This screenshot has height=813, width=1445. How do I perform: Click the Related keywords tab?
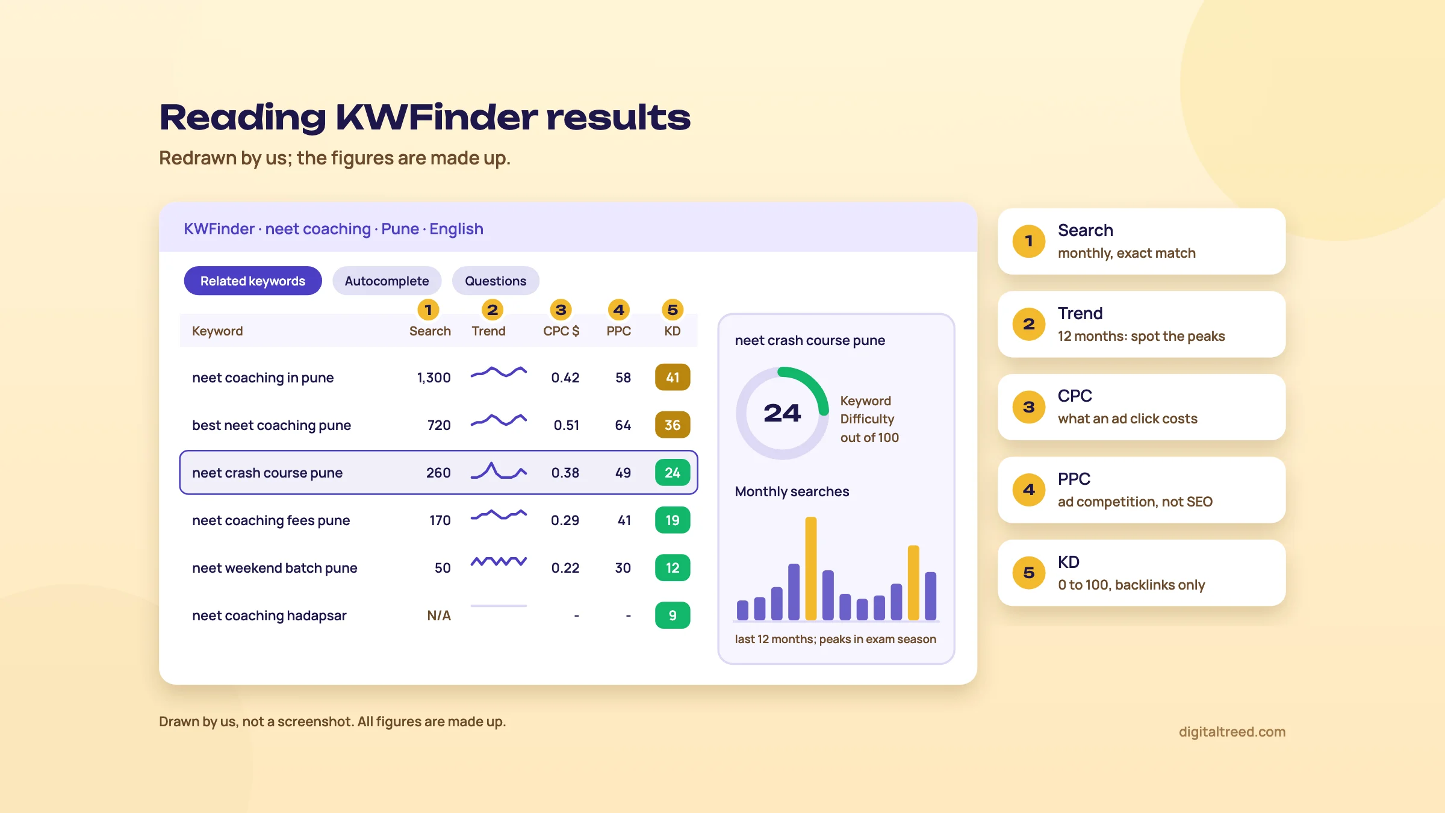coord(253,281)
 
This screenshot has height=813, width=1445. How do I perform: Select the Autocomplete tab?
coord(387,281)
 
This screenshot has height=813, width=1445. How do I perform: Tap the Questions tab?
coord(496,281)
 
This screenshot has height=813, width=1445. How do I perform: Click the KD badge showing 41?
coord(673,378)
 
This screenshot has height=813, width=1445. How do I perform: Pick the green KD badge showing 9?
coord(673,615)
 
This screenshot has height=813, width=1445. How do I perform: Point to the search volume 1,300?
coord(433,378)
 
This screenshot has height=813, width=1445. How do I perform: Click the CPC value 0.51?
coord(567,425)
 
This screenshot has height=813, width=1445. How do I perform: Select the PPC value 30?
coord(623,568)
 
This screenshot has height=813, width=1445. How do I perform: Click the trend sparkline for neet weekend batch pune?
coord(499,561)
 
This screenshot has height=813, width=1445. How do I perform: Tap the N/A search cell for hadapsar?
coord(439,615)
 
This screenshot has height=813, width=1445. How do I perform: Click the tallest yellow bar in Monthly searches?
coord(811,568)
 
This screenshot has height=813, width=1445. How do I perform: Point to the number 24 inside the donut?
coord(782,413)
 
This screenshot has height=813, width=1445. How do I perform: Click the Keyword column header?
coord(217,331)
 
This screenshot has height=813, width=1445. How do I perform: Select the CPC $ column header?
coord(561,331)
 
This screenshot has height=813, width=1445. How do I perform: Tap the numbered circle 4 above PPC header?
coord(619,310)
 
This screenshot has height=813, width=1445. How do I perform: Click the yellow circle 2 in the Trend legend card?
coord(1029,324)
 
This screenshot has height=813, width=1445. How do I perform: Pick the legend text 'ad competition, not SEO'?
coord(1135,502)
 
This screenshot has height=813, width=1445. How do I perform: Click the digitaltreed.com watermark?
coord(1232,732)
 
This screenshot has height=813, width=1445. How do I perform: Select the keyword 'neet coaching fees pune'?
coord(271,520)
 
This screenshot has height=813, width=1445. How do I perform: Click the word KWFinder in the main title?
coord(437,117)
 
